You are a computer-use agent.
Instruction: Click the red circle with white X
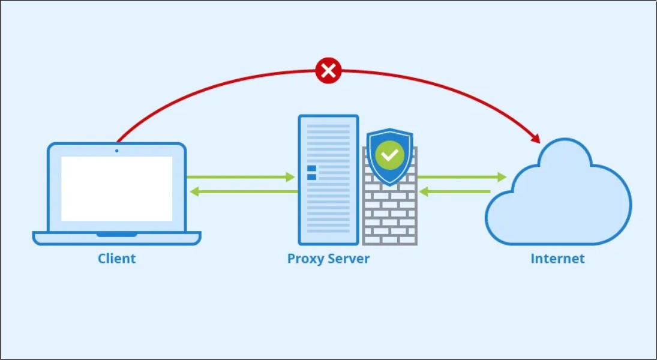click(x=328, y=71)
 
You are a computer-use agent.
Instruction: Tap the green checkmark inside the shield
click(x=390, y=155)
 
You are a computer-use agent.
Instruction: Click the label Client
click(x=117, y=259)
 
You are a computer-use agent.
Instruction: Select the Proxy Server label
click(x=328, y=259)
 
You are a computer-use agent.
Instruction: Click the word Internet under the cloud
click(x=557, y=259)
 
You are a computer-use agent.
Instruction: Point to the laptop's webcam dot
click(x=116, y=150)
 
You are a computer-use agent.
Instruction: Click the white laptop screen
click(x=116, y=188)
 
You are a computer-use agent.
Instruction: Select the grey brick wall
click(x=390, y=216)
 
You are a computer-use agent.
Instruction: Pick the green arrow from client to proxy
click(x=240, y=177)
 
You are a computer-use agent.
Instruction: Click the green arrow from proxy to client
click(x=243, y=192)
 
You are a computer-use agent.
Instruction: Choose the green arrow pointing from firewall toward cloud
click(x=462, y=177)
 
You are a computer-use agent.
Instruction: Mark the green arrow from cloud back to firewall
click(x=456, y=192)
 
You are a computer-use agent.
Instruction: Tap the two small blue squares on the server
click(x=311, y=173)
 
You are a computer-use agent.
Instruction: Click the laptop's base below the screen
click(x=116, y=238)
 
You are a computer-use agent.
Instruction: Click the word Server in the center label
click(x=349, y=259)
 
